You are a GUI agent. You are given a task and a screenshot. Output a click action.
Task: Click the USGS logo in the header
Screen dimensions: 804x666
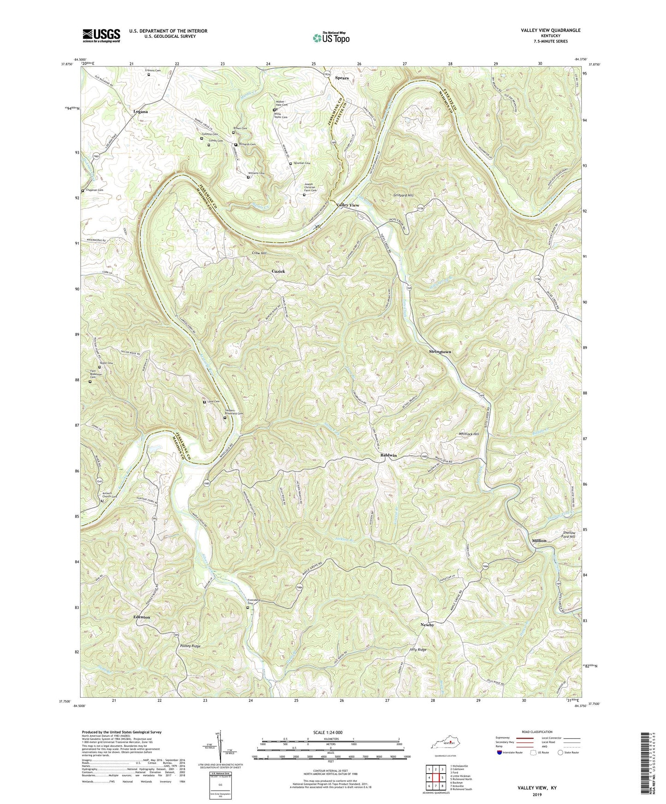pos(101,35)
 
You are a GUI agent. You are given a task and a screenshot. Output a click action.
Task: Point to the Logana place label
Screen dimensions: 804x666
pos(141,112)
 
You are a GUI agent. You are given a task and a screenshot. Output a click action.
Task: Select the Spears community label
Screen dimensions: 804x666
pos(342,78)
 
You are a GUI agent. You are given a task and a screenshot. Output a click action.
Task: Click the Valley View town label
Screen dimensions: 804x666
pos(348,205)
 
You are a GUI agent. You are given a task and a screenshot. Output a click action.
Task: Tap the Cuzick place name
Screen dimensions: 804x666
pos(278,271)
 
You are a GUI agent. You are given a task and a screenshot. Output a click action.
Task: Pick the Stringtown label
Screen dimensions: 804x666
pos(440,352)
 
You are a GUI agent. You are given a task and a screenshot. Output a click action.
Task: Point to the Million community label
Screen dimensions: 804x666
pos(539,541)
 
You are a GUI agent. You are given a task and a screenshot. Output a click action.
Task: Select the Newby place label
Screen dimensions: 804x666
pos(427,625)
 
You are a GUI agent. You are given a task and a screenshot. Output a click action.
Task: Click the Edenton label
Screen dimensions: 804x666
pos(141,617)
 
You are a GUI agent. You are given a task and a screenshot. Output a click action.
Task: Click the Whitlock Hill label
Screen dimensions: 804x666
pos(469,434)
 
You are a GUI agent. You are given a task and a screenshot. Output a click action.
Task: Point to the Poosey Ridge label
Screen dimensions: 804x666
pos(190,647)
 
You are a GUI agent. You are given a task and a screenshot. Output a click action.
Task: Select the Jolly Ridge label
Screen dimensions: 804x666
pos(418,650)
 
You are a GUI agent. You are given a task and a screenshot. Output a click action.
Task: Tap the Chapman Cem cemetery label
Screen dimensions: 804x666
pos(94,190)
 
